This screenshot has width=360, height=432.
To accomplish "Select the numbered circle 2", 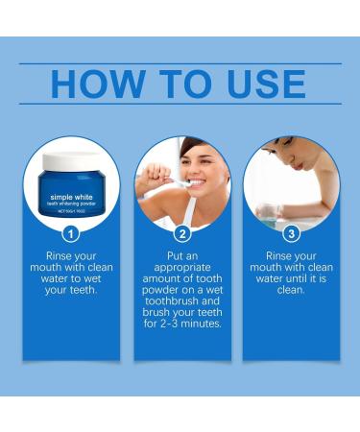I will click(x=181, y=232).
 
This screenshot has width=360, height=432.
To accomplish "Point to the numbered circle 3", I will click(x=291, y=232).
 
